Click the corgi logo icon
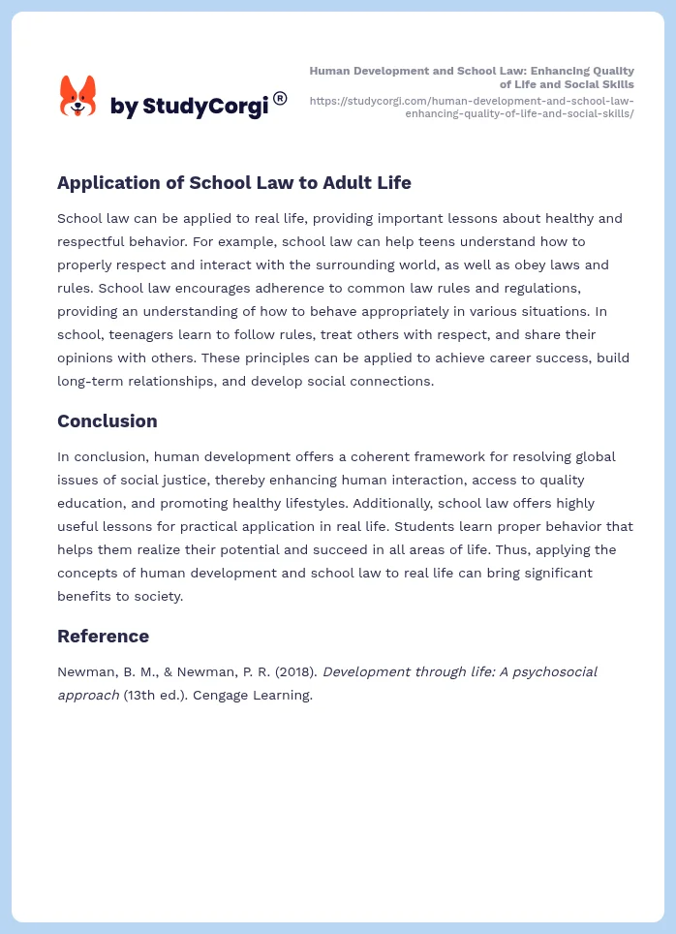78,97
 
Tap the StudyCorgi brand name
189,107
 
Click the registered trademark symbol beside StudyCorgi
280,98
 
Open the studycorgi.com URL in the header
472,107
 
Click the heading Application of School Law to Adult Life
233,182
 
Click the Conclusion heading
107,420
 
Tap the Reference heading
103,636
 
